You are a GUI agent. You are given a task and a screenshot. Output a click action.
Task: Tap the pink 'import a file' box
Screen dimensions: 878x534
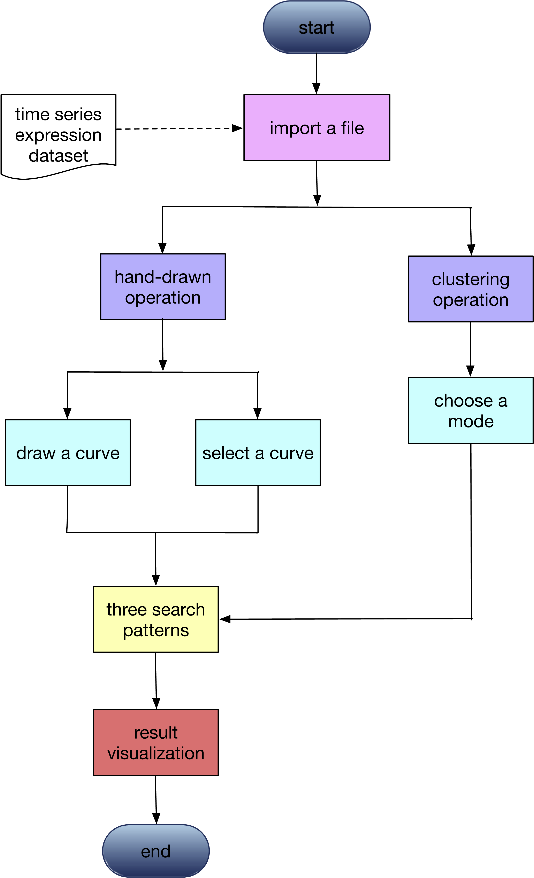point(316,128)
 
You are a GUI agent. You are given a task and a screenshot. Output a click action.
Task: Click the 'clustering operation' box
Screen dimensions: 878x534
point(471,289)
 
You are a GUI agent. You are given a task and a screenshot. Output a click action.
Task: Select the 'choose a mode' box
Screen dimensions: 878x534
point(471,410)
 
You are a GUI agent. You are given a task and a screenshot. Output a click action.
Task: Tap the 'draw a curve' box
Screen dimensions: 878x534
point(68,453)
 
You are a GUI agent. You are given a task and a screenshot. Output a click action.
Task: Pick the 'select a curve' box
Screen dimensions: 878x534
point(258,453)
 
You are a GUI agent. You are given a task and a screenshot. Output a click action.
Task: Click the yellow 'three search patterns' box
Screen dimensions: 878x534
point(155,619)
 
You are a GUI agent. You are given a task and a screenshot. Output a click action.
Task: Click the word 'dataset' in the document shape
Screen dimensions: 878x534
point(58,156)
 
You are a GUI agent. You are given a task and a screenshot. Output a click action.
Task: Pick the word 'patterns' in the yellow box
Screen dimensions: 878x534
point(155,630)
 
